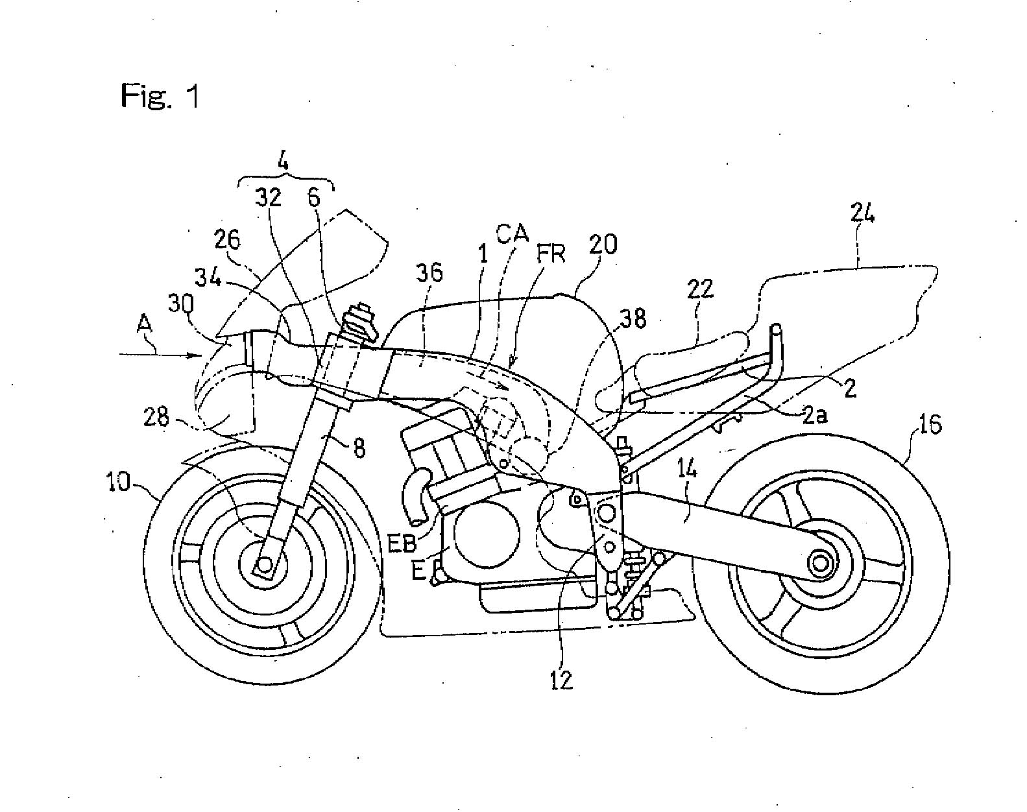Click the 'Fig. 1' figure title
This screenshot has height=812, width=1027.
(x=160, y=96)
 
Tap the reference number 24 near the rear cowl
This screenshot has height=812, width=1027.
(x=861, y=214)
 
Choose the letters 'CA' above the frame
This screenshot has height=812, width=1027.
(x=513, y=233)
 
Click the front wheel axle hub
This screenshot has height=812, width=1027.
(x=264, y=563)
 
